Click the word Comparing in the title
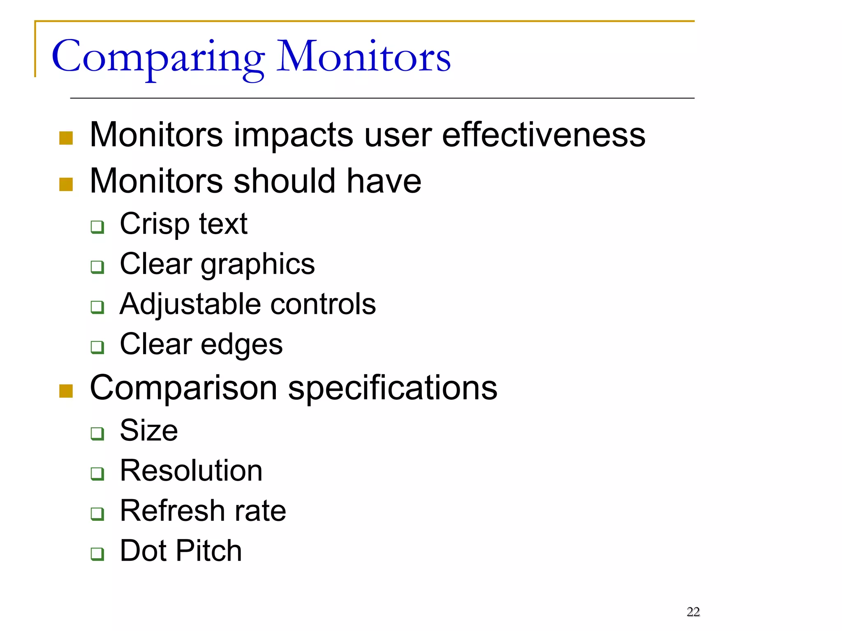(158, 58)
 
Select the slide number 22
(693, 612)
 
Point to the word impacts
(293, 136)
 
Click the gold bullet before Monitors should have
(66, 184)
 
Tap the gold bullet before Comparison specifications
(66, 391)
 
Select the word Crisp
(155, 225)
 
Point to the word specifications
(393, 388)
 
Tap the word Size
(149, 431)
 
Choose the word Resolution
(191, 471)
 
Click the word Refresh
(172, 511)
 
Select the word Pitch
(209, 551)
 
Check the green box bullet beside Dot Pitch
(97, 554)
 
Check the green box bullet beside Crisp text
(97, 227)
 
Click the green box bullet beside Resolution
(97, 474)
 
